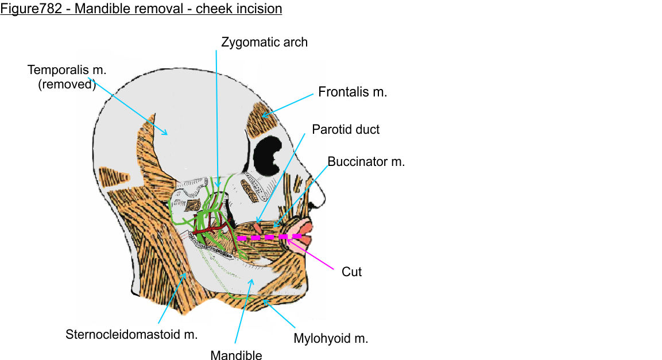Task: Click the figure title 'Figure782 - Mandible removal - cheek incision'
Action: point(141,9)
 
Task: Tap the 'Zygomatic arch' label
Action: point(265,42)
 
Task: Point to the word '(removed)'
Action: point(71,84)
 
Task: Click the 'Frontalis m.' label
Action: point(353,92)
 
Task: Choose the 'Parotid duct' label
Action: point(346,129)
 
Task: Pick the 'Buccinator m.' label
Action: point(366,162)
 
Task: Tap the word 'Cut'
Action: point(351,272)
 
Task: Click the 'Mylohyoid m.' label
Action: point(331,338)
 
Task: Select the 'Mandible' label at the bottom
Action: point(236,355)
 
